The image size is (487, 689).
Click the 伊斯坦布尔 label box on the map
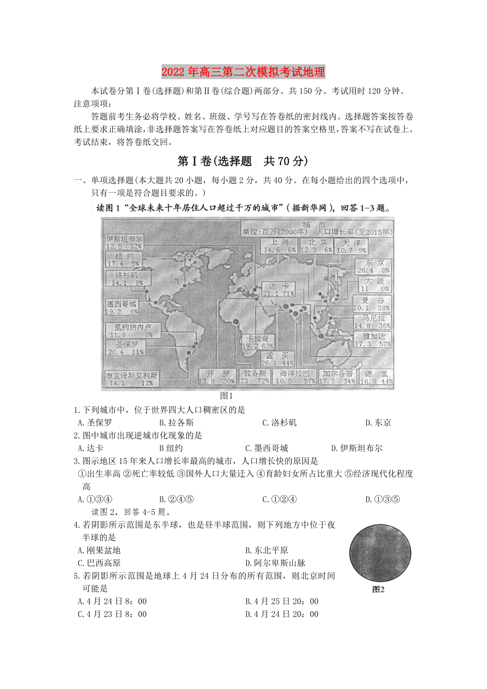click(x=123, y=242)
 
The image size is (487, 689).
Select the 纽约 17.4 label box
click(x=123, y=259)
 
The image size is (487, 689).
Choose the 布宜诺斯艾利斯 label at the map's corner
click(x=132, y=379)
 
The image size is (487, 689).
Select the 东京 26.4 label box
click(x=374, y=266)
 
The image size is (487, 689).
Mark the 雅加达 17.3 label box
click(x=373, y=339)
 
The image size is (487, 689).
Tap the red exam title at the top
click(x=243, y=71)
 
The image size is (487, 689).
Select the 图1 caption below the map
click(x=227, y=395)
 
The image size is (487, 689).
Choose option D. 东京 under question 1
click(x=378, y=422)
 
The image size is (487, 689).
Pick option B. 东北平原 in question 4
click(x=267, y=550)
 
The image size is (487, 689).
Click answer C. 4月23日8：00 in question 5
click(x=112, y=614)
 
